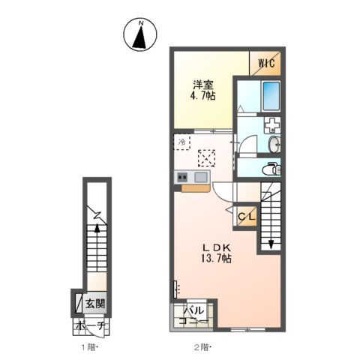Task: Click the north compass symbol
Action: tap(140, 35)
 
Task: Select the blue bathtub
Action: tap(269, 96)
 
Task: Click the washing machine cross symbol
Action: tap(271, 124)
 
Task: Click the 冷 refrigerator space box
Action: tap(182, 141)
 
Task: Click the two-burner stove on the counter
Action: tap(182, 177)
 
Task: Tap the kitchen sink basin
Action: tap(200, 177)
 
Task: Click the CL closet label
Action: tap(247, 217)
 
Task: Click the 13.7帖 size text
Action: tap(215, 259)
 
